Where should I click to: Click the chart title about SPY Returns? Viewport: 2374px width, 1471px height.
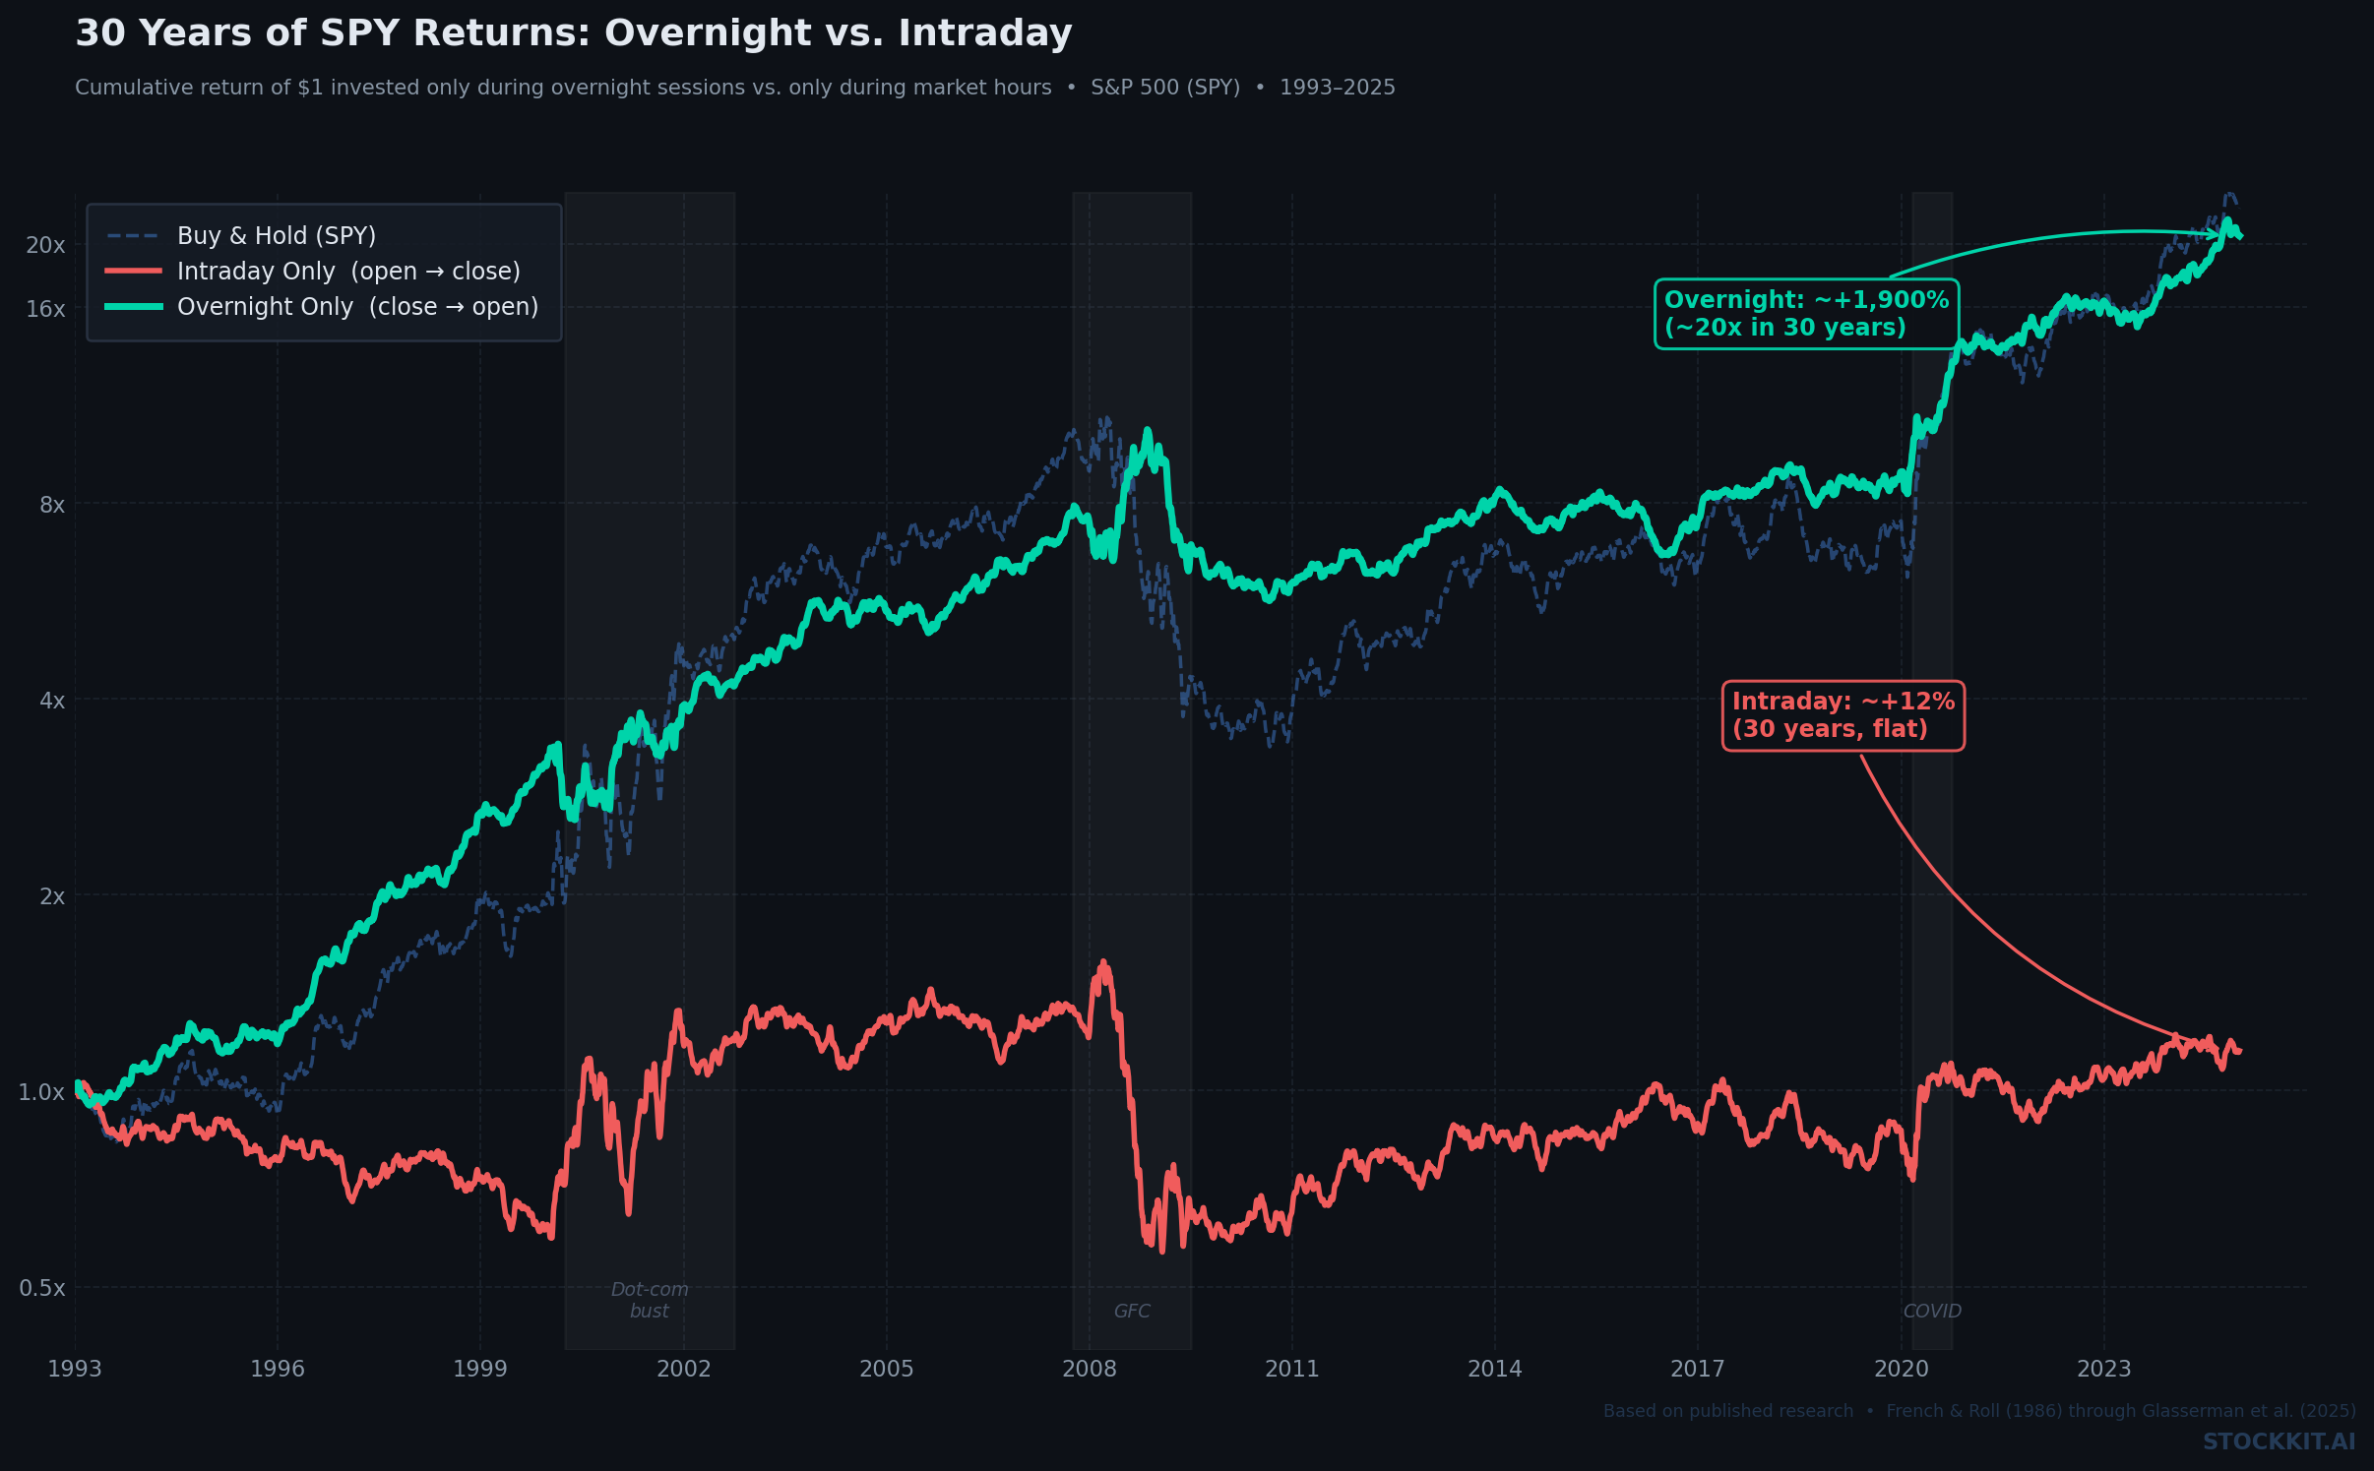pyautogui.click(x=573, y=33)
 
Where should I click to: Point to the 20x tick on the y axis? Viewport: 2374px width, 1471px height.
pyautogui.click(x=45, y=245)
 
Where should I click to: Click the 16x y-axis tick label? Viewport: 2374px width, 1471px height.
pyautogui.click(x=45, y=309)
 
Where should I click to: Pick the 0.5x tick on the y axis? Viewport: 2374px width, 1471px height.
pyautogui.click(x=42, y=1288)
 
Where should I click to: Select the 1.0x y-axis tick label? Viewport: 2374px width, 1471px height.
pyautogui.click(x=41, y=1092)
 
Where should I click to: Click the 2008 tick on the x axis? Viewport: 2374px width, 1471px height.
pyautogui.click(x=1090, y=1369)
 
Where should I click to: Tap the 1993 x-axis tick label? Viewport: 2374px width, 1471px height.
pyautogui.click(x=75, y=1369)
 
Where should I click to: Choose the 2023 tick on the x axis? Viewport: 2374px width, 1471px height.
pyautogui.click(x=2103, y=1369)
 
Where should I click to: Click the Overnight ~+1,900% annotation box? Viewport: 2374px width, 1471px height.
pyautogui.click(x=1806, y=314)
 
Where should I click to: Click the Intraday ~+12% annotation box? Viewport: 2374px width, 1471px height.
pyautogui.click(x=1843, y=715)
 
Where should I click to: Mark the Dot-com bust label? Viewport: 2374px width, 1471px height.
pyautogui.click(x=650, y=1300)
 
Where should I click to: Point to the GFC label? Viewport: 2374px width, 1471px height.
pyautogui.click(x=1132, y=1312)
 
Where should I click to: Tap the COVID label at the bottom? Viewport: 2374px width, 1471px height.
pyautogui.click(x=1932, y=1312)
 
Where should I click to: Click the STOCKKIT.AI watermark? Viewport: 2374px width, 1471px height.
pyautogui.click(x=2279, y=1441)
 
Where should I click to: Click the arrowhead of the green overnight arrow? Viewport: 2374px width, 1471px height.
pyautogui.click(x=2216, y=234)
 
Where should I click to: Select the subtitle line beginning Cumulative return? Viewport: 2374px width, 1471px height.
pyautogui.click(x=734, y=88)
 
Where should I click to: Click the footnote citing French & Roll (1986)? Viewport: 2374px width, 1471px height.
pyautogui.click(x=1978, y=1411)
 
